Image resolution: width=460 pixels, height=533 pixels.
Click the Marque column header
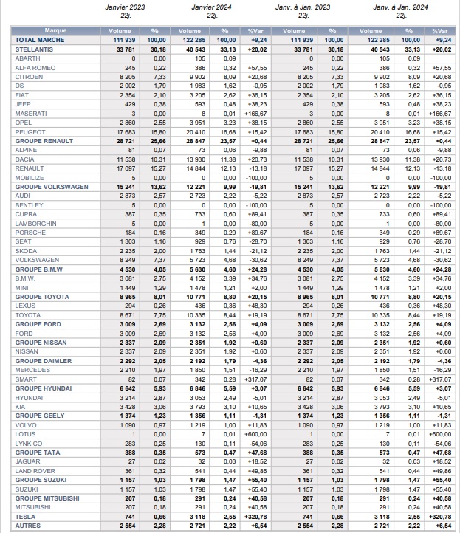[x=55, y=30]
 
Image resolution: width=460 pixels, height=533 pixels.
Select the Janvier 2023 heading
[x=125, y=7]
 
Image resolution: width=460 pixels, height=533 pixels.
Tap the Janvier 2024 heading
[x=212, y=7]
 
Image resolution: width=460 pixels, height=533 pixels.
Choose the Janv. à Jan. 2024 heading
[x=402, y=7]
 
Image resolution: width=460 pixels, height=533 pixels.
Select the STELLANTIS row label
[x=34, y=48]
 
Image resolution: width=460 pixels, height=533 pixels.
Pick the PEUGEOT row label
[x=29, y=131]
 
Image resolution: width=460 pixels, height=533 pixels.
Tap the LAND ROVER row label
[x=34, y=470]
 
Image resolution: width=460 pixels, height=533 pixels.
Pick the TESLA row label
[x=24, y=516]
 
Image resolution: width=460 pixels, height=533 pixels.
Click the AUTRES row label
[x=27, y=525]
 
